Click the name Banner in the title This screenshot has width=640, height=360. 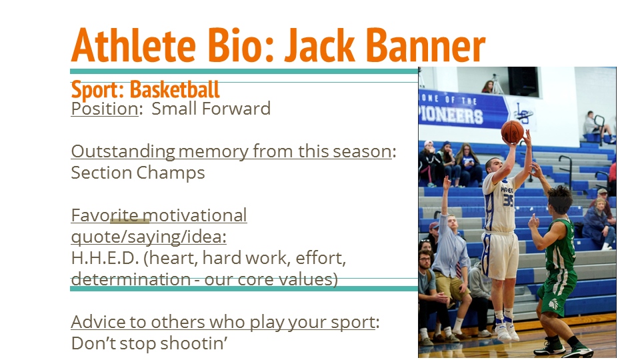click(x=425, y=45)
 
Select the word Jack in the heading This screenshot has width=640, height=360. click(x=319, y=45)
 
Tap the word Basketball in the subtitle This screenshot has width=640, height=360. click(x=175, y=89)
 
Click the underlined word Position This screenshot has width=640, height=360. click(x=105, y=109)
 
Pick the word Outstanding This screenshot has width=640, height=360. click(x=123, y=152)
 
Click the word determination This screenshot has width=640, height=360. click(x=131, y=279)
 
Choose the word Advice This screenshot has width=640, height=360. click(x=99, y=322)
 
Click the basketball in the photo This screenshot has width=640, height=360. click(x=513, y=131)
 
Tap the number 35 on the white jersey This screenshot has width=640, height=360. click(x=508, y=201)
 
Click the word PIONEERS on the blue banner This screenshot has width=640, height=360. click(x=451, y=115)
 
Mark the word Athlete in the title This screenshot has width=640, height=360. click(x=133, y=45)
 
